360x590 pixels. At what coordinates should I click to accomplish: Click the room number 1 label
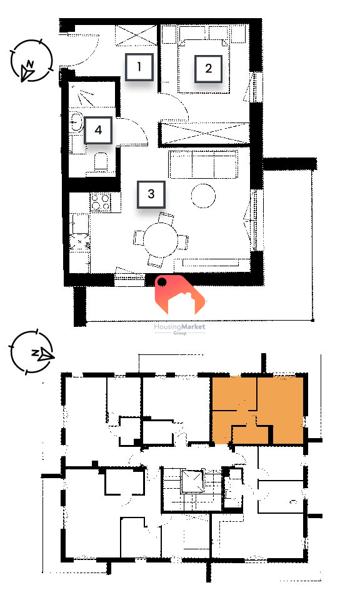139,67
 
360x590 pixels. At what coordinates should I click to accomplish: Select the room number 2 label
208,69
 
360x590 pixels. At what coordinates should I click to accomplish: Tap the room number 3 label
151,194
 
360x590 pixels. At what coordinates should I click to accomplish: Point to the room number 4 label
98,130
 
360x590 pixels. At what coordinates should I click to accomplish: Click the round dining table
161,240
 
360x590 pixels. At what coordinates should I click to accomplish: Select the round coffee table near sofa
203,196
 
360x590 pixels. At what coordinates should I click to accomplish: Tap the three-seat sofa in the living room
204,164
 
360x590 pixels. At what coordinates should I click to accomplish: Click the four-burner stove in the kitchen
101,202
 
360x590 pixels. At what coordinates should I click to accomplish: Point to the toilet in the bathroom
101,162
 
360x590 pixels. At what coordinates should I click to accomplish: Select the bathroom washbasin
77,121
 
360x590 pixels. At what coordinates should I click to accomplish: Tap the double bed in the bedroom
203,65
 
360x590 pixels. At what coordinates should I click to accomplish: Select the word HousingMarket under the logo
180,327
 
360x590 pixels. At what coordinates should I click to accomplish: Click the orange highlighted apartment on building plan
258,409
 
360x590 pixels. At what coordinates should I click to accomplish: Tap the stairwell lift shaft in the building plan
193,481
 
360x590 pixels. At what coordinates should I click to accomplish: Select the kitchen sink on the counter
80,223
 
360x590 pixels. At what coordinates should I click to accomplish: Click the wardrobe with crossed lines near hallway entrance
136,35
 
